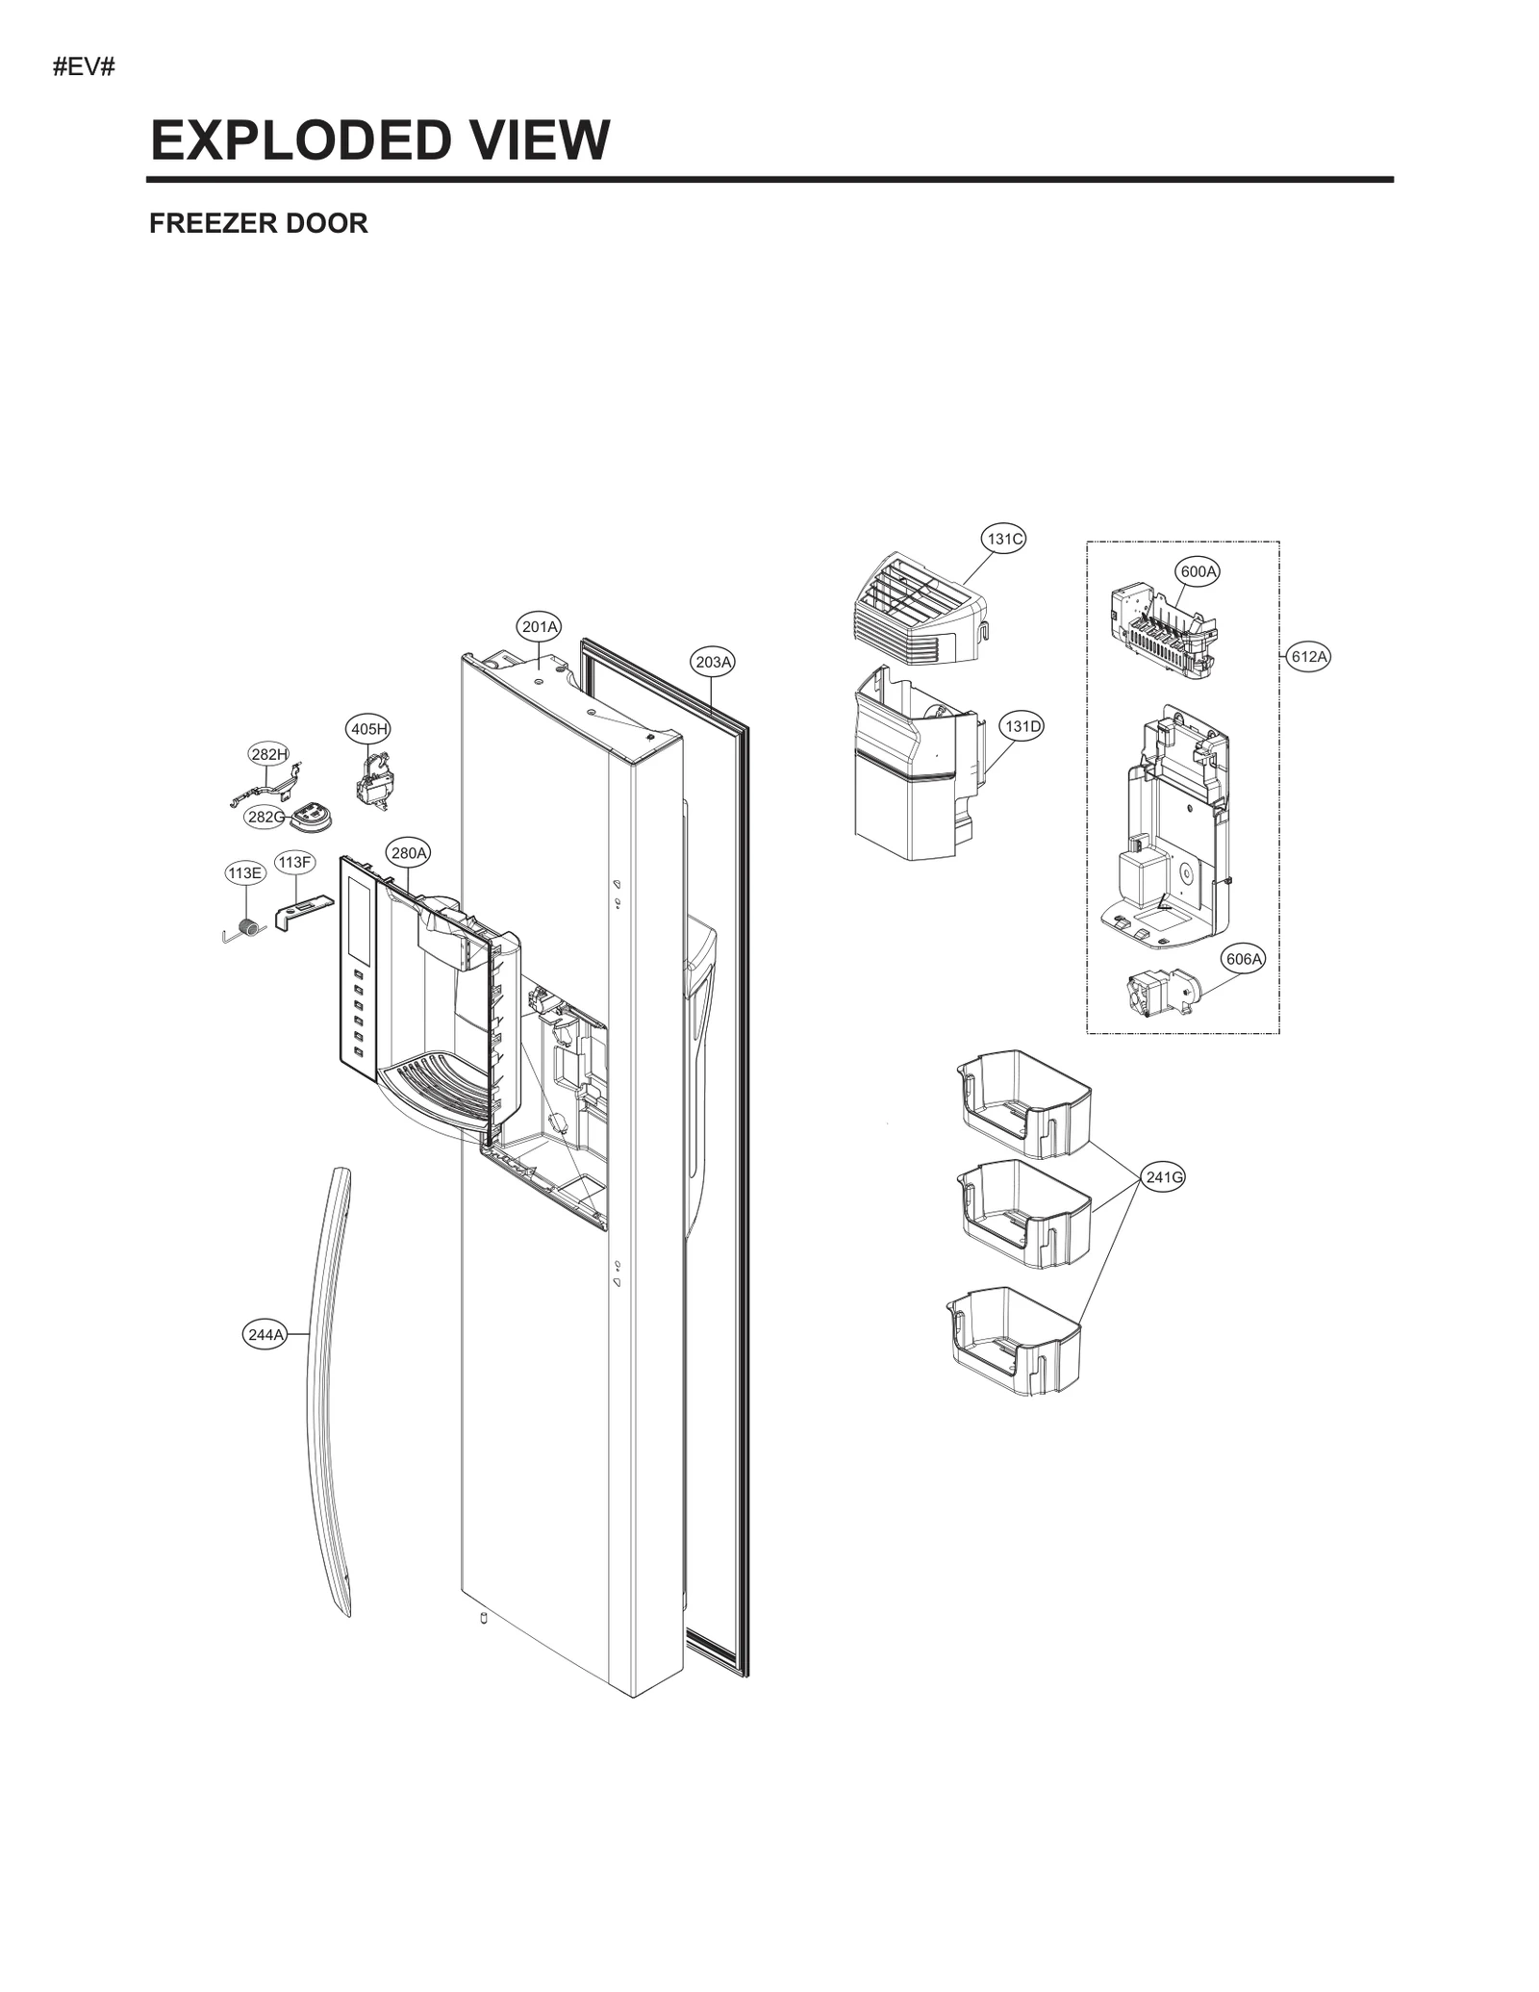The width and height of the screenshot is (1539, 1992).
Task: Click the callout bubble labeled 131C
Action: [1003, 539]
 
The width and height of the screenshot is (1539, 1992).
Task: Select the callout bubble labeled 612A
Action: [1308, 657]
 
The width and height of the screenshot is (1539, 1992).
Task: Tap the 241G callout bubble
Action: [1164, 1176]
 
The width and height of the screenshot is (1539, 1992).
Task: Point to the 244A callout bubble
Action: [265, 1334]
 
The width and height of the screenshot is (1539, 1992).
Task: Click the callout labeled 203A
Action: [714, 662]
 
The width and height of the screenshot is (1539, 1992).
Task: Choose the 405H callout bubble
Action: [368, 729]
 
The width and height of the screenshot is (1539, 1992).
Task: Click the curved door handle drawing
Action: [327, 1395]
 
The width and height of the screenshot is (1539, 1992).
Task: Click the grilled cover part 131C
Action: [919, 611]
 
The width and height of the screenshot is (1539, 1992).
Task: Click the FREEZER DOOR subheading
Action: [258, 223]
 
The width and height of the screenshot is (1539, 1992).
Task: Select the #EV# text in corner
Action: [84, 68]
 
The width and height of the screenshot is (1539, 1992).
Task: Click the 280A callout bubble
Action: [409, 852]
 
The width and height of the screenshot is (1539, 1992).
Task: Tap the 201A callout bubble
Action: [539, 627]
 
